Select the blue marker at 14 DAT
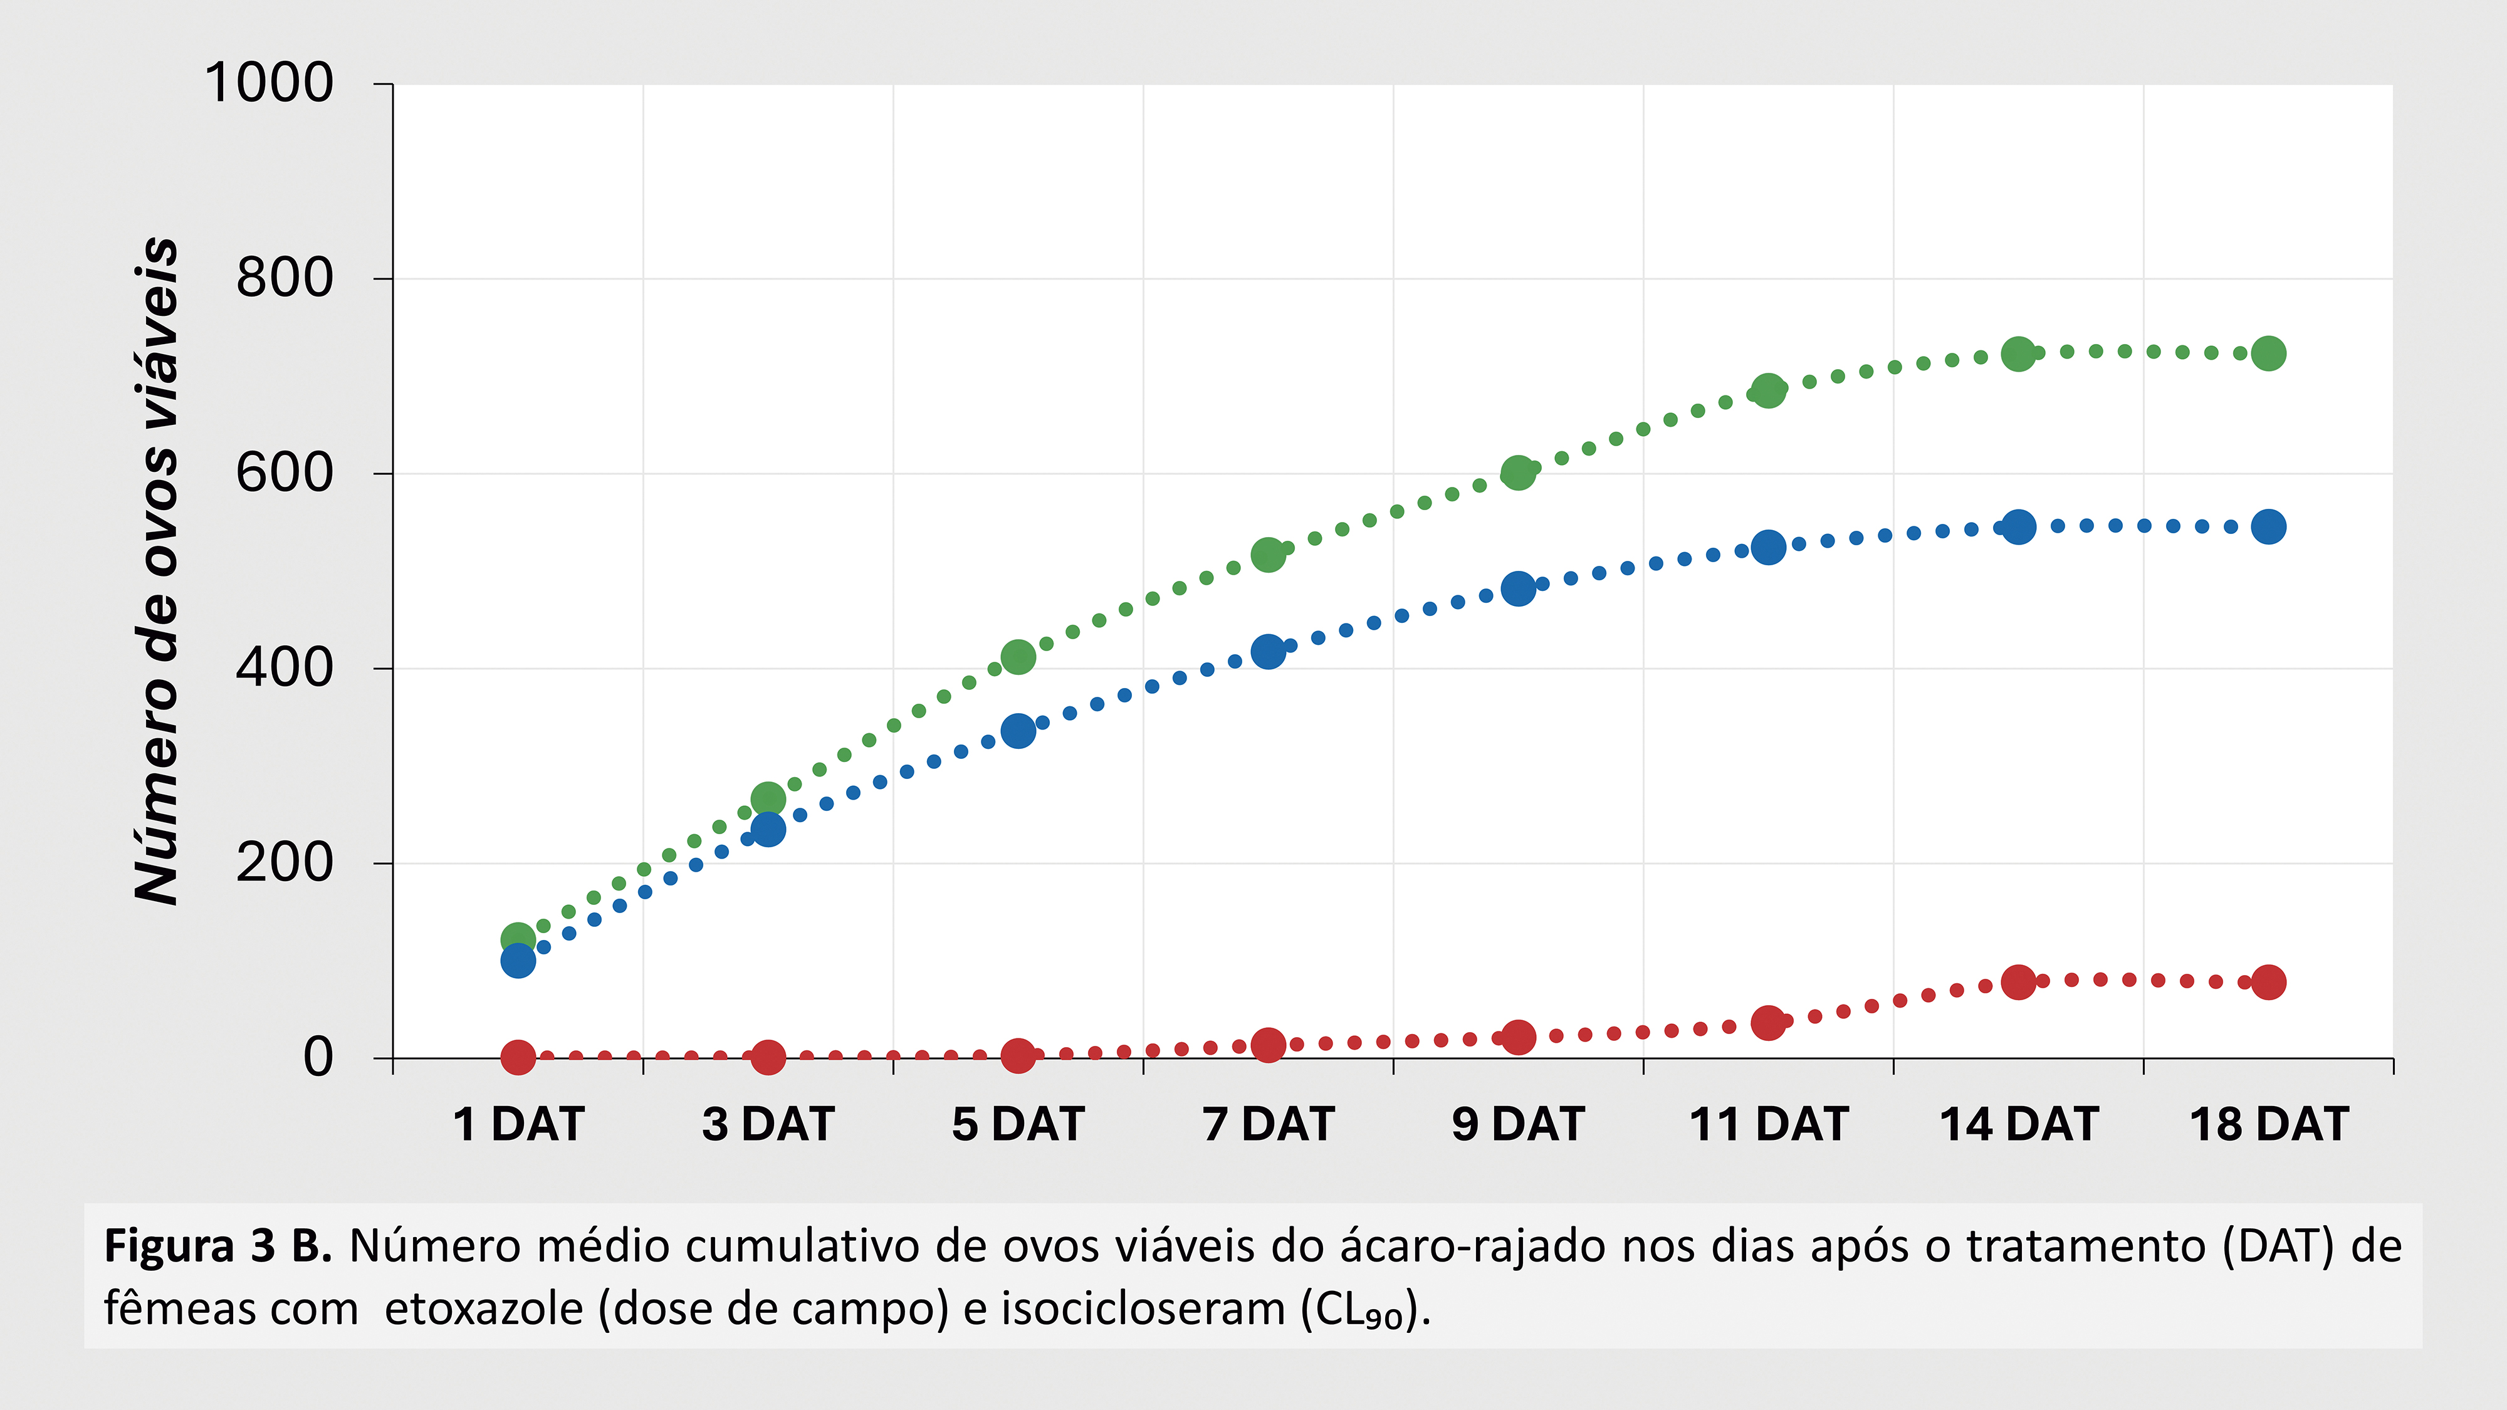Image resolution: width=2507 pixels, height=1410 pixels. [2018, 528]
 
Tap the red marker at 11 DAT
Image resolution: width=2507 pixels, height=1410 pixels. [1768, 1023]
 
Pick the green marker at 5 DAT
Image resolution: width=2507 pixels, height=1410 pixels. [1018, 657]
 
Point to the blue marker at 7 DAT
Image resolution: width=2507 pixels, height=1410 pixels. [1268, 651]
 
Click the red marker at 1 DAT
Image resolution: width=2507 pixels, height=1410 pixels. [518, 1057]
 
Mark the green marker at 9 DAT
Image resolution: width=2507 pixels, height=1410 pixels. [1518, 474]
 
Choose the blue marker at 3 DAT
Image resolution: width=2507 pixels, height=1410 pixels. [768, 829]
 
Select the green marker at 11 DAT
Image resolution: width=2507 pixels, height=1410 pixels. [1768, 390]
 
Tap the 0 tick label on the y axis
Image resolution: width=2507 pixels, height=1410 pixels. [318, 1058]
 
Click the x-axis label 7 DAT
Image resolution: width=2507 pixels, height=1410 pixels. [1268, 1125]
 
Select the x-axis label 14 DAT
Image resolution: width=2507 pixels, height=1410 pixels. [2018, 1125]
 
